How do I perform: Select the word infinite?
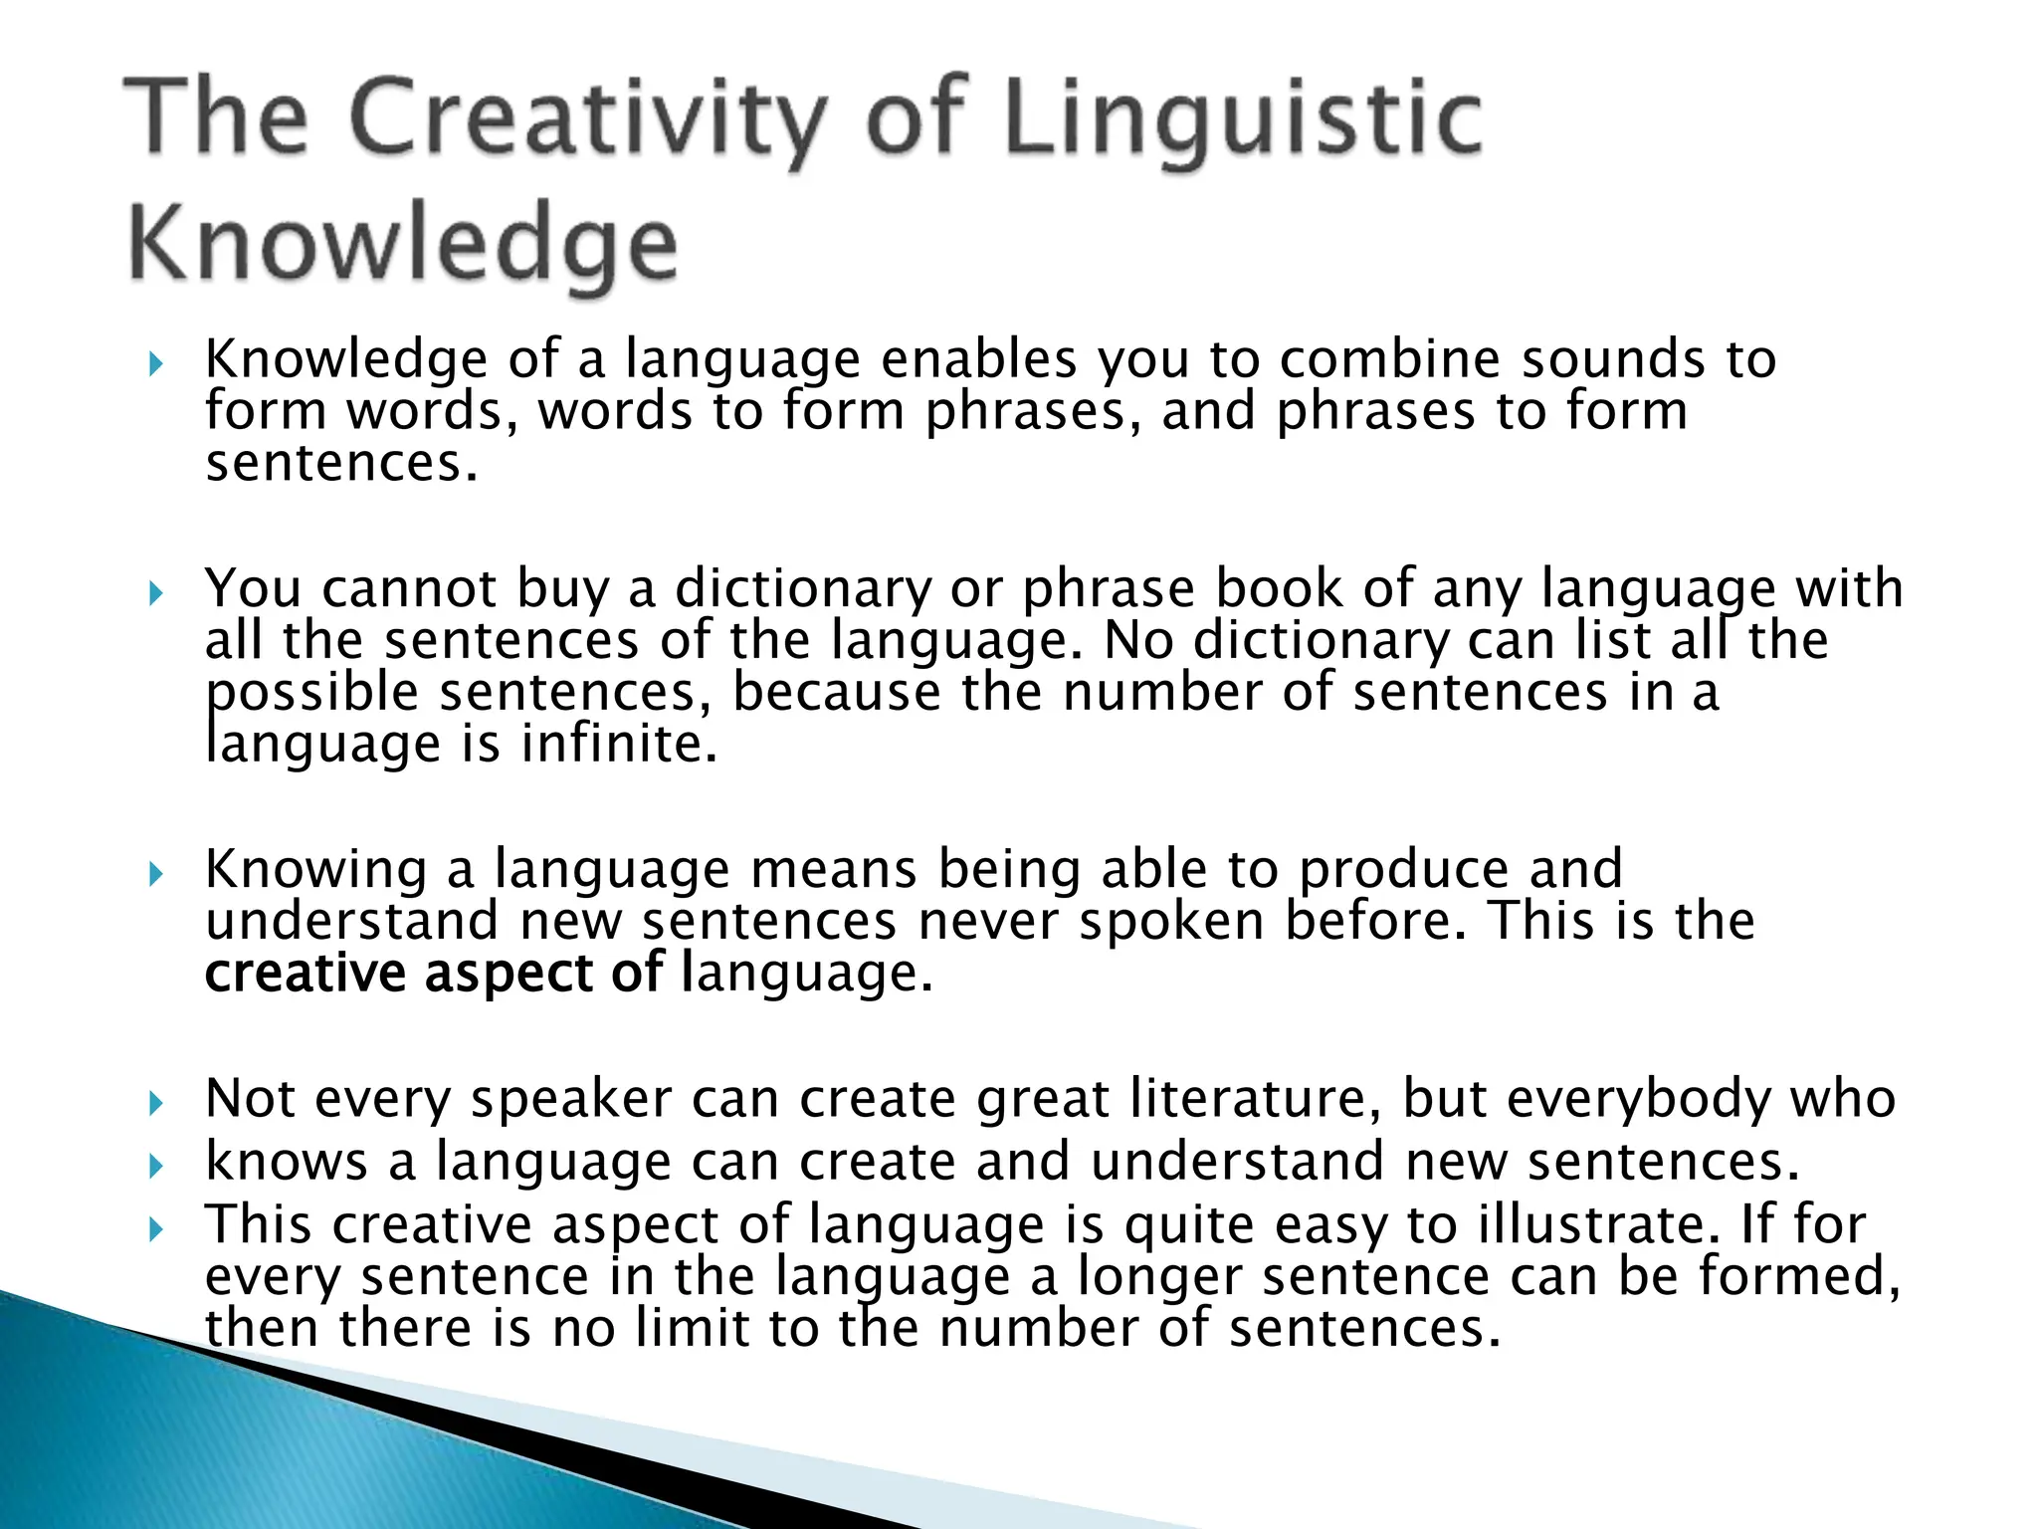tap(618, 744)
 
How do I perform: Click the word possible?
tap(312, 693)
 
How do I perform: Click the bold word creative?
tap(305, 973)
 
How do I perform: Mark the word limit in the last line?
tap(691, 1328)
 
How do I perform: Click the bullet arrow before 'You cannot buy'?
tap(154, 594)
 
